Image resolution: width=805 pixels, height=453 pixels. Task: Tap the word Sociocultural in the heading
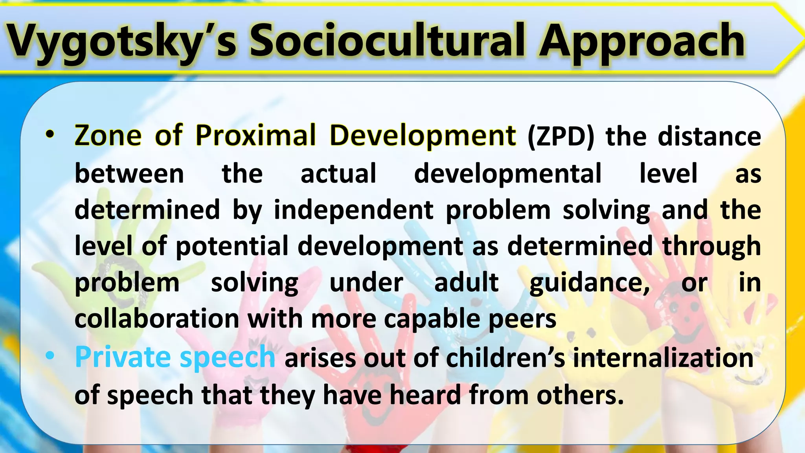(x=387, y=41)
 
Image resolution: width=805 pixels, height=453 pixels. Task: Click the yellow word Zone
(x=108, y=135)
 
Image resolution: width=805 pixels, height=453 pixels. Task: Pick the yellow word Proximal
(x=255, y=135)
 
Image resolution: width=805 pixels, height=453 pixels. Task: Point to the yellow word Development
(x=423, y=136)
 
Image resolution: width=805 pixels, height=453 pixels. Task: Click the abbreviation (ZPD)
(x=561, y=136)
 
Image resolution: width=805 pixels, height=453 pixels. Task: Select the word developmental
(x=507, y=174)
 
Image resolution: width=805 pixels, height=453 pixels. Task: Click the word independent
(x=354, y=210)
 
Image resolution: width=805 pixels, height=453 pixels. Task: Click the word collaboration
(x=157, y=319)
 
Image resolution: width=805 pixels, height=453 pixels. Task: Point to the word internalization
(x=663, y=358)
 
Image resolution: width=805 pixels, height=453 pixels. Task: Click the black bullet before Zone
(x=50, y=134)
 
